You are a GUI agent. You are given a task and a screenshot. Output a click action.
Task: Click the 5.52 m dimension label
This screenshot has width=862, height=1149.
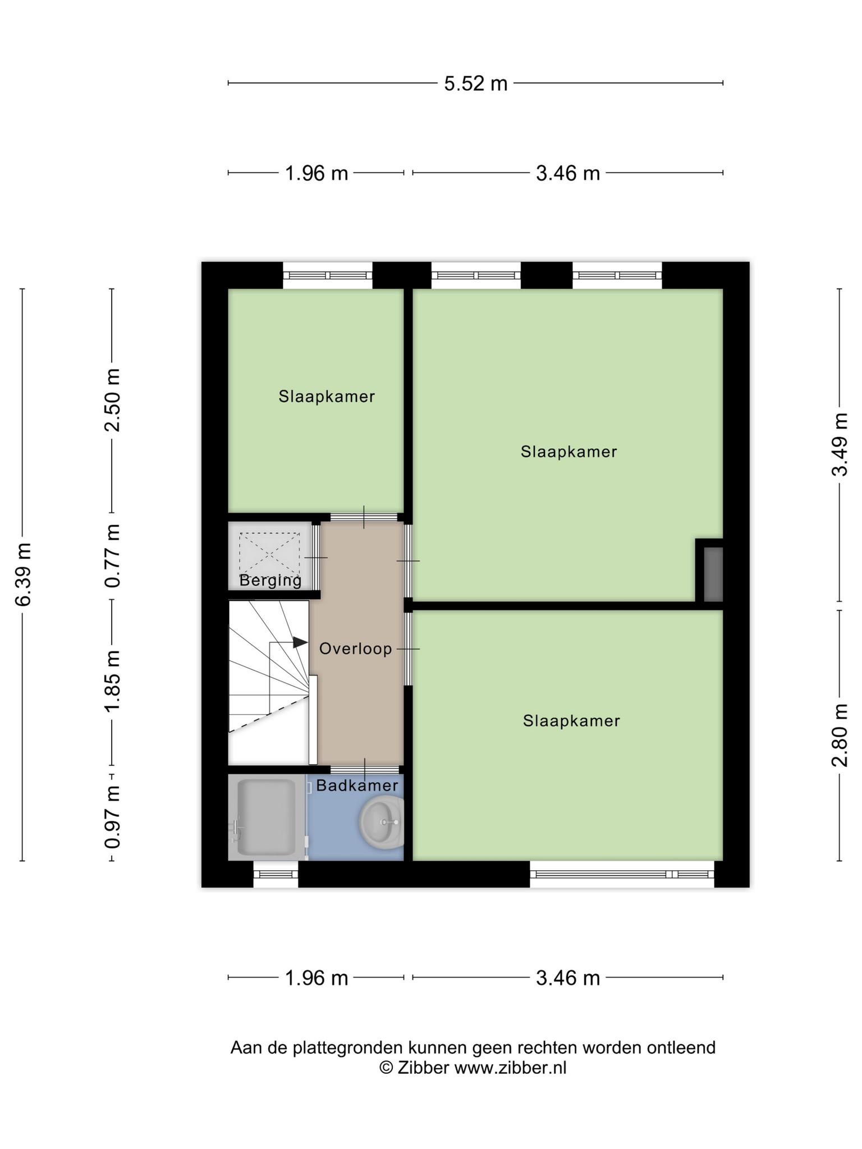[x=476, y=84]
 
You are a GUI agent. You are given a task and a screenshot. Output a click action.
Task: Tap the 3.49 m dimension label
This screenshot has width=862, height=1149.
[x=840, y=444]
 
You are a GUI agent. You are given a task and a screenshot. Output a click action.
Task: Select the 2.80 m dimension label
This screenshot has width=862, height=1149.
[x=840, y=735]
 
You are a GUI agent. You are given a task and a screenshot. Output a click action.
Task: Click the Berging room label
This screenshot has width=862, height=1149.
[x=270, y=581]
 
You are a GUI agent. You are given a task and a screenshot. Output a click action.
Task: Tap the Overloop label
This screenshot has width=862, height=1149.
[x=356, y=649]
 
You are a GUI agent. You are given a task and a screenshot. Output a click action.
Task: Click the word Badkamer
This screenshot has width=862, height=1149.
[x=357, y=785]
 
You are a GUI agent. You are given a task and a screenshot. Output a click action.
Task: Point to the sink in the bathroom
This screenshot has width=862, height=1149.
[x=381, y=822]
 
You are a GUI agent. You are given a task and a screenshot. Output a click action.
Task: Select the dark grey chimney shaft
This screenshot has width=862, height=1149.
[x=713, y=574]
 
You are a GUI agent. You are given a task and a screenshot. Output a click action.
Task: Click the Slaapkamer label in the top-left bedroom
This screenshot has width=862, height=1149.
[x=327, y=397]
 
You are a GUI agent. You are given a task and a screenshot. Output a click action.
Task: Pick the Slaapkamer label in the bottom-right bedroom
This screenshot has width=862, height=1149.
[x=571, y=721]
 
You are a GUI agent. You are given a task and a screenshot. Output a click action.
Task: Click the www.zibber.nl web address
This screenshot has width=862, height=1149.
[x=510, y=1068]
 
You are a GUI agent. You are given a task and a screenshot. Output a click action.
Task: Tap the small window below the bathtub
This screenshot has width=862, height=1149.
[x=276, y=874]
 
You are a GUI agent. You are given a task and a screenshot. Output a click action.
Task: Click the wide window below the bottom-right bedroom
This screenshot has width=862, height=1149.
[x=622, y=874]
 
